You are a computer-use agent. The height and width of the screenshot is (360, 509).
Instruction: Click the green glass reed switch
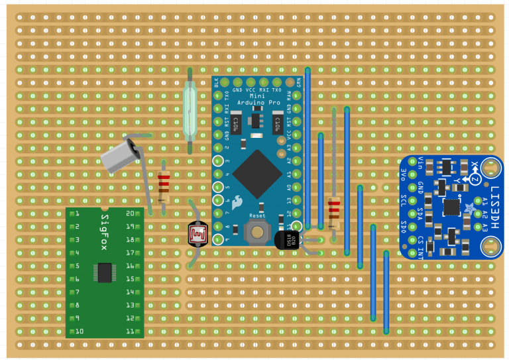(x=190, y=111)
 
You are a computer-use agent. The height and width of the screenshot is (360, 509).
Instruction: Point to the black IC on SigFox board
(x=105, y=272)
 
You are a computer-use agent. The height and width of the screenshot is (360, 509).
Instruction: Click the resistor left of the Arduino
(x=164, y=188)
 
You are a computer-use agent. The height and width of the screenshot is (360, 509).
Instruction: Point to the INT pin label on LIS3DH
(x=422, y=249)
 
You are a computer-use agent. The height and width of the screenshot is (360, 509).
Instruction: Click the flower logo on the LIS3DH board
(x=471, y=209)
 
